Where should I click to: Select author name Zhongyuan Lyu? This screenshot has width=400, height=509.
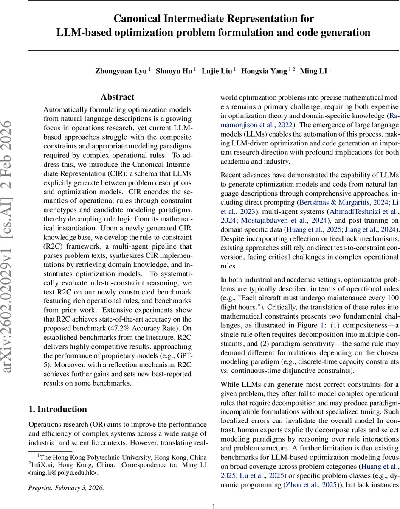tap(121, 71)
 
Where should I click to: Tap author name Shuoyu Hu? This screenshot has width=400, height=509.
tap(174, 71)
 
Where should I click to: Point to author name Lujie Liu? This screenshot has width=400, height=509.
tap(217, 71)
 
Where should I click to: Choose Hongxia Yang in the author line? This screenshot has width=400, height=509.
tap(264, 71)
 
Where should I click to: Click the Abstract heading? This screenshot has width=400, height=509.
tap(117, 97)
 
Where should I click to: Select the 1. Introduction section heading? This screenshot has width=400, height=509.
tap(57, 409)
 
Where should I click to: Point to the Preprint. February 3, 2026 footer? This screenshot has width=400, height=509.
tap(66, 487)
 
